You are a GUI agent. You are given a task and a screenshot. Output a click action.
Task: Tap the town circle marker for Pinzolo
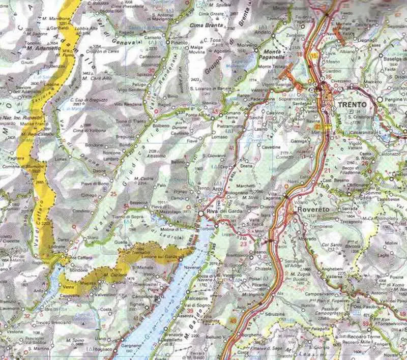168,43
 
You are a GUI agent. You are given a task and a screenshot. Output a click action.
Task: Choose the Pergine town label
395,99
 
